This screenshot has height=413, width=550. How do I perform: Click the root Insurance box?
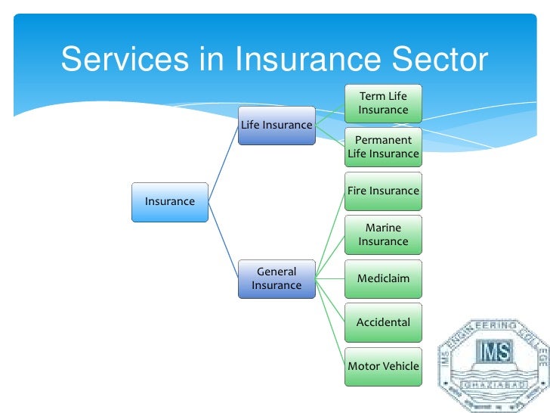tap(170, 201)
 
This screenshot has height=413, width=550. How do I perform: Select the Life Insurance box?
tap(277, 125)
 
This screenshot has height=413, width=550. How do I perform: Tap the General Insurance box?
tap(277, 278)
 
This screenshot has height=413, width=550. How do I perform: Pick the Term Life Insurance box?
tap(383, 104)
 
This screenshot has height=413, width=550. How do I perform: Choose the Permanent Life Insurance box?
tap(383, 147)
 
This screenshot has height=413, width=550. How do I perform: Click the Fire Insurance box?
tap(383, 191)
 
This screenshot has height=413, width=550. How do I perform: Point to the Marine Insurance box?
tap(383, 234)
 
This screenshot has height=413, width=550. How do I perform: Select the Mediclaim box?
tap(383, 278)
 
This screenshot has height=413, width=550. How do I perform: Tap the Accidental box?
tap(383, 322)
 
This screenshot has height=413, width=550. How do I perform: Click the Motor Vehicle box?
tap(383, 366)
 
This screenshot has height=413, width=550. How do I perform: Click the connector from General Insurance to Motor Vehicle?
tap(329, 321)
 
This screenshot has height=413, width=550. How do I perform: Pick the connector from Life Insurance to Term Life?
tap(329, 114)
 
